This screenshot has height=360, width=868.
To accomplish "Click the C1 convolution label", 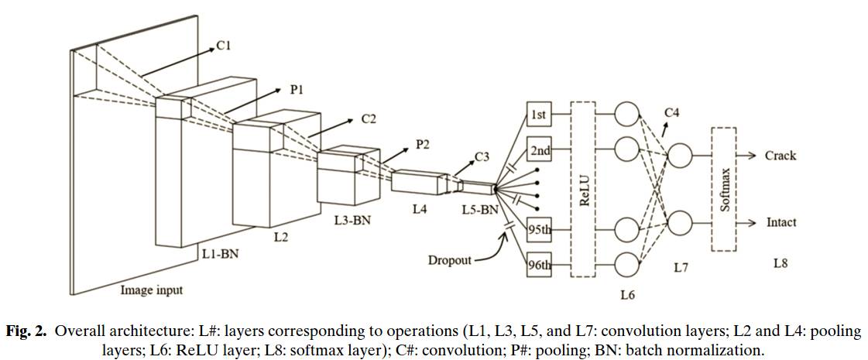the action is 223,46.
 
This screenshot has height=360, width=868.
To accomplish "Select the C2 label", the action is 369,118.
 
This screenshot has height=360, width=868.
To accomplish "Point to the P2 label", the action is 423,145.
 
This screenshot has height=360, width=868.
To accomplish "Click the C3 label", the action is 482,156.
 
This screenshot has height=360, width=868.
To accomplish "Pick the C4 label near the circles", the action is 673,113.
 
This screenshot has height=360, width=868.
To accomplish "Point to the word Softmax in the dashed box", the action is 724,190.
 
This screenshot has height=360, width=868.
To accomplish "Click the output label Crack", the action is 781,156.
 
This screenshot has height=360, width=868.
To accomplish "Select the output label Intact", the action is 781,223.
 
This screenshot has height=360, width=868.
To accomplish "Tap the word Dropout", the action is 450,259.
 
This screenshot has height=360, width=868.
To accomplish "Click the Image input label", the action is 152,290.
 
